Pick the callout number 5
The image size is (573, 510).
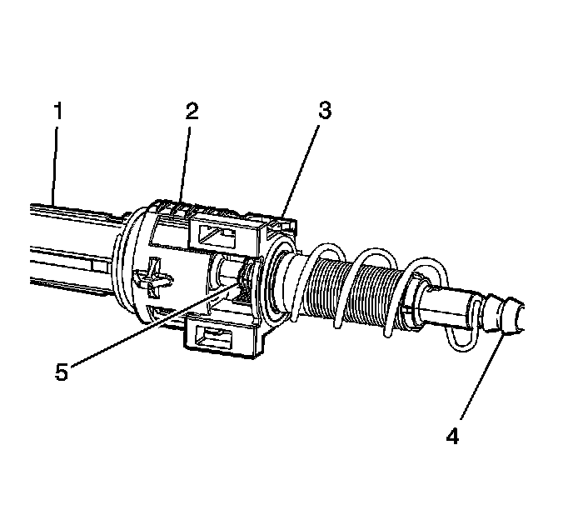click(62, 371)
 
